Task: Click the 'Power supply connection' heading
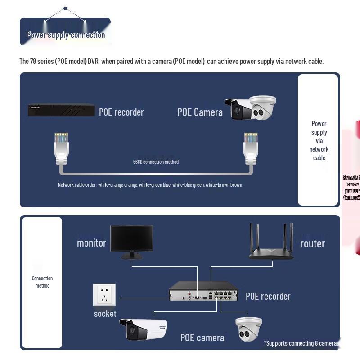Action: coord(66,35)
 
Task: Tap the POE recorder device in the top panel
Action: coord(61,110)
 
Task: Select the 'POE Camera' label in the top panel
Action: coord(200,112)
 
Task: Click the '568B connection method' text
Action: coord(156,162)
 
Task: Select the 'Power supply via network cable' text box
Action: coord(319,140)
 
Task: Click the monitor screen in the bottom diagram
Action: coord(131,239)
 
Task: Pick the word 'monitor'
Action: coord(91,243)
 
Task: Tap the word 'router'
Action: coord(312,243)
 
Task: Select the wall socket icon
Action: coord(104,295)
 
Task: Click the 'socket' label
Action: coord(105,314)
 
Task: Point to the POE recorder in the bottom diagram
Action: coord(203,292)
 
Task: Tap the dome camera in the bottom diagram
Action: coord(248,329)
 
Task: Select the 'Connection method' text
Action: coord(42,282)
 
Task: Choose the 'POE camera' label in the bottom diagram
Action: coord(202,337)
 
